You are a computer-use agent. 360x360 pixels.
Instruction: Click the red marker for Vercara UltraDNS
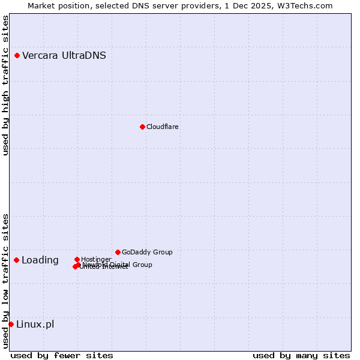[17, 56]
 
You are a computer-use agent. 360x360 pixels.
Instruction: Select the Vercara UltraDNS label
[64, 56]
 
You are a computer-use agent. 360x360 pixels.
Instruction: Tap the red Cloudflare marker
[142, 127]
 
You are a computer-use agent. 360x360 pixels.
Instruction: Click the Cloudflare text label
[163, 127]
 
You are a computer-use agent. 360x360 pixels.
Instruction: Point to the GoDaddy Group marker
[118, 252]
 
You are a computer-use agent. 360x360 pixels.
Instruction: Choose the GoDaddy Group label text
[147, 252]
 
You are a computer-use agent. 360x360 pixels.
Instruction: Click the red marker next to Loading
[17, 260]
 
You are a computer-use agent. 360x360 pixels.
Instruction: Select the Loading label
[40, 260]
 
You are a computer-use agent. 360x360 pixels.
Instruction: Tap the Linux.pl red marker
[11, 324]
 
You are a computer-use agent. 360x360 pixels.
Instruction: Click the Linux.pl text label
[35, 325]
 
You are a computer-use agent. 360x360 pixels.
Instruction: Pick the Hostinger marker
[77, 259]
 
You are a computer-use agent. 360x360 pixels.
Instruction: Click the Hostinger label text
[96, 259]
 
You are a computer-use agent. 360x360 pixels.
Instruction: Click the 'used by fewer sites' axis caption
[62, 355]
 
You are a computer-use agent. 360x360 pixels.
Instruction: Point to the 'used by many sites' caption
[301, 355]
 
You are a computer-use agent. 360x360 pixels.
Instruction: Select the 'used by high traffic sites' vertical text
[6, 85]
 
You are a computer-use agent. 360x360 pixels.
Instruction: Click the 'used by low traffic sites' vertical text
[6, 281]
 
